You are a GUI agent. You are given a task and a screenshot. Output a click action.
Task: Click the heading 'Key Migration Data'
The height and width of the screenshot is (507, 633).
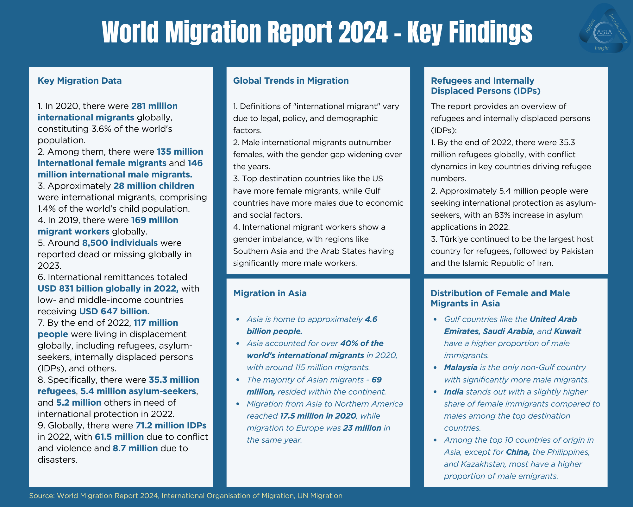point(79,81)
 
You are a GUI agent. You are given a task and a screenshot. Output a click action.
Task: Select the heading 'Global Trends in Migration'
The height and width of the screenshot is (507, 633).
point(291,81)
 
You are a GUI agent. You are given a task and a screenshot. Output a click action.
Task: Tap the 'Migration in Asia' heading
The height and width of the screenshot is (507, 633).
point(270,293)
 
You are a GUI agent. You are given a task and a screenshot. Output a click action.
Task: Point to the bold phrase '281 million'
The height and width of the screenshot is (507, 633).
point(154,106)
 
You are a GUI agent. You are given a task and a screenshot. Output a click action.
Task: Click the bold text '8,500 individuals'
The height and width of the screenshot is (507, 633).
point(120,243)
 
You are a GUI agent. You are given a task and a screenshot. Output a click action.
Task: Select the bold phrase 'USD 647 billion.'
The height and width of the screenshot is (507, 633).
point(114,311)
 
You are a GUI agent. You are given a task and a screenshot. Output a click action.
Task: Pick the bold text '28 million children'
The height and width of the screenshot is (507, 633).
point(154,186)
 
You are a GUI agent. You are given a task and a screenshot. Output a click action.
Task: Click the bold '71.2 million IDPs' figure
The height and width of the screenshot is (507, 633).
point(171,426)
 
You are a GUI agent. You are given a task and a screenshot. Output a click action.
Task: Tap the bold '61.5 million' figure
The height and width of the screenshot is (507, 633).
point(119,437)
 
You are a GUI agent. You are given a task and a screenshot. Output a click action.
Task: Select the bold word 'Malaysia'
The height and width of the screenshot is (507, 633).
point(461,368)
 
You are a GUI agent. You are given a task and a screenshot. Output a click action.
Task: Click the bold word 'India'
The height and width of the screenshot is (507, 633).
point(454,392)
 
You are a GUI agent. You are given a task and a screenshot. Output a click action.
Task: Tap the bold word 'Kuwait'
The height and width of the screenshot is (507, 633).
point(567,331)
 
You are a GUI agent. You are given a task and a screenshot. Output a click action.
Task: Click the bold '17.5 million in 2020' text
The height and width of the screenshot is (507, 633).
point(318,416)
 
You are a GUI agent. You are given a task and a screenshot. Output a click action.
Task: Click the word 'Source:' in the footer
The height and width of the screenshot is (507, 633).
point(42,496)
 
